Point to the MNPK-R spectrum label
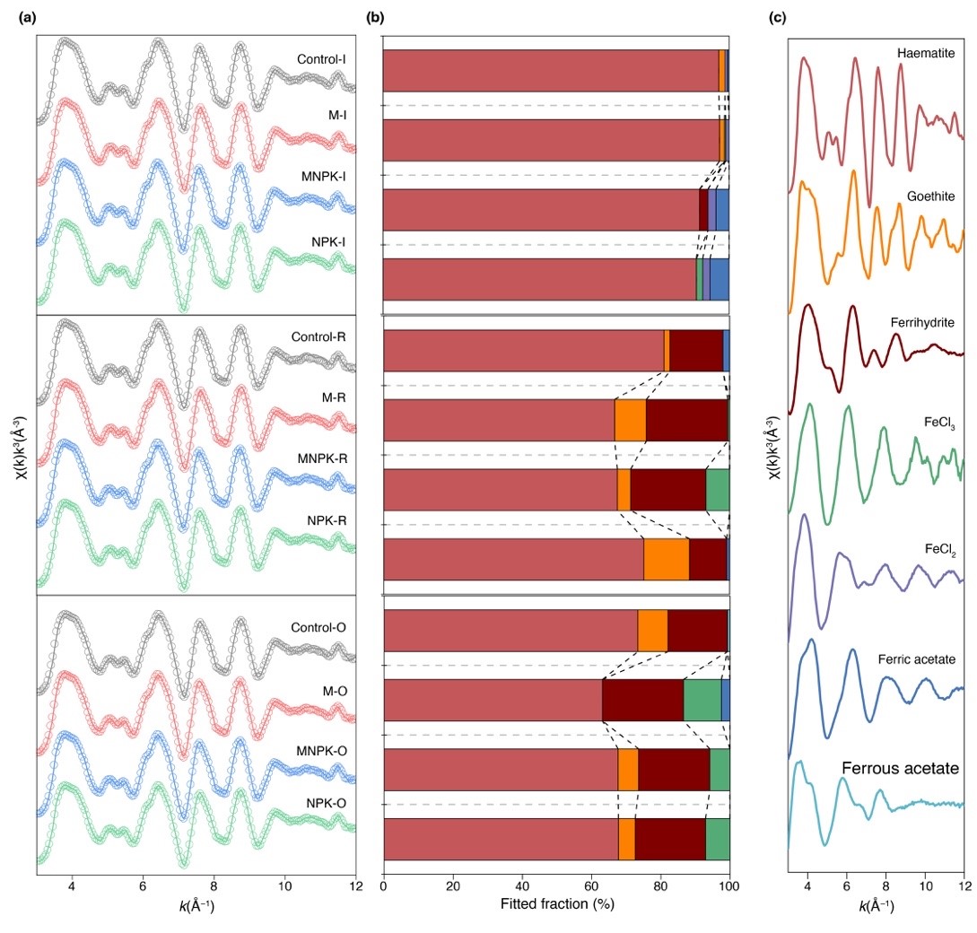click(x=321, y=458)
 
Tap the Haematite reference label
click(x=923, y=54)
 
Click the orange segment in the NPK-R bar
click(x=666, y=559)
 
